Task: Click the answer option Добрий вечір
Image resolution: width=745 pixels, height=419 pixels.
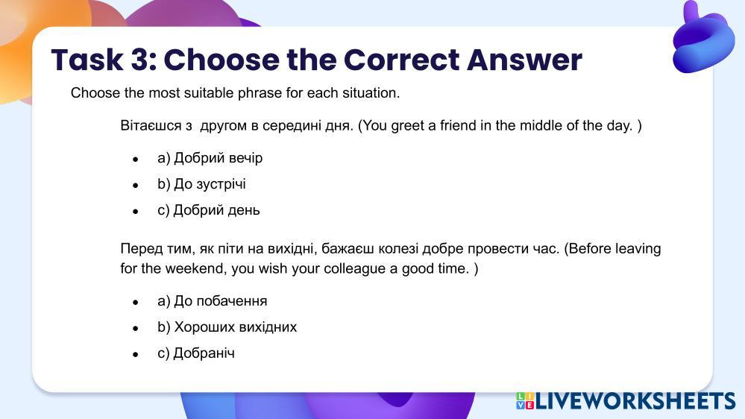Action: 210,158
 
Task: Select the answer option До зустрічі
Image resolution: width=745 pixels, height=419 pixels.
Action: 201,184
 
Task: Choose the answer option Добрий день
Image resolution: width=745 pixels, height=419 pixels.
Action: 209,210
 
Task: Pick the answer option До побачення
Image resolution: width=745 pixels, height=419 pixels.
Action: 213,300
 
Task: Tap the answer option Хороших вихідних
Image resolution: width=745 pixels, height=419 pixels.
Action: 227,327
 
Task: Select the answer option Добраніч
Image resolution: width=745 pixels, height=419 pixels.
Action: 196,353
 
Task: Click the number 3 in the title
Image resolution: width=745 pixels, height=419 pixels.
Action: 143,60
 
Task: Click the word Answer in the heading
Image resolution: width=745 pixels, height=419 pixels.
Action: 524,60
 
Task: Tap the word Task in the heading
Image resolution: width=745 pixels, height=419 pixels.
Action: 87,60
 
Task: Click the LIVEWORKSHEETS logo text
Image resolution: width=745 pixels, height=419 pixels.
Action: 635,401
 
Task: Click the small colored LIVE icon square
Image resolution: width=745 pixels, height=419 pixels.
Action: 525,401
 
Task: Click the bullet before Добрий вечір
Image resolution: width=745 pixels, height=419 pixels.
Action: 136,160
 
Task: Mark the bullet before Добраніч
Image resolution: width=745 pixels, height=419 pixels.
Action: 136,354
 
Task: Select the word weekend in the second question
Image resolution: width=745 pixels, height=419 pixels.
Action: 195,269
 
